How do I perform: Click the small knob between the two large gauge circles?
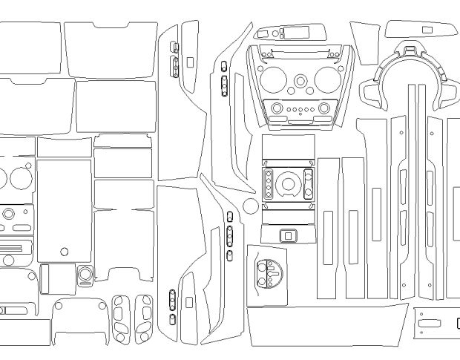(x=300, y=81)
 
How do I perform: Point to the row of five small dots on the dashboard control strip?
(x=300, y=109)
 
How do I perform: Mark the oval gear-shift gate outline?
(x=269, y=275)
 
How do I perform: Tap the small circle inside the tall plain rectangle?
(x=65, y=252)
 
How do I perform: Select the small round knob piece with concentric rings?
(x=85, y=275)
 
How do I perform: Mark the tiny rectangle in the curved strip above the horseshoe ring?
(x=427, y=29)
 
